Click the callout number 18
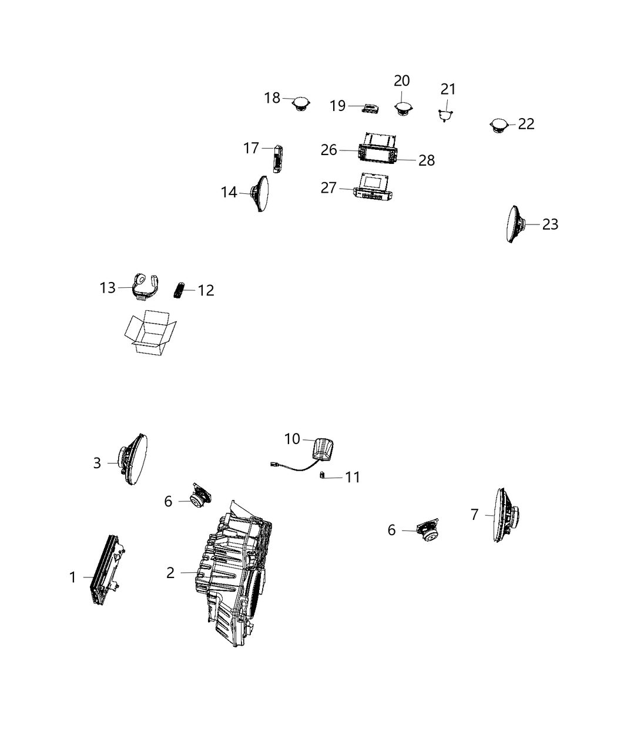click(x=272, y=98)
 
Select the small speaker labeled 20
click(x=403, y=109)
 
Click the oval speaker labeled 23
click(x=516, y=224)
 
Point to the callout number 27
click(x=329, y=188)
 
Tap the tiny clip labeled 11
click(x=322, y=476)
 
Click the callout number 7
click(x=475, y=515)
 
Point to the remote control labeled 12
click(x=179, y=290)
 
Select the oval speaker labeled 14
click(x=261, y=193)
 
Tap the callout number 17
click(x=252, y=148)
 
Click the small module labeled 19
click(x=371, y=108)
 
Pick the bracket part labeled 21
click(x=446, y=113)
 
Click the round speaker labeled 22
click(x=499, y=126)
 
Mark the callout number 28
click(x=427, y=160)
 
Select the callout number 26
click(x=329, y=150)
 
